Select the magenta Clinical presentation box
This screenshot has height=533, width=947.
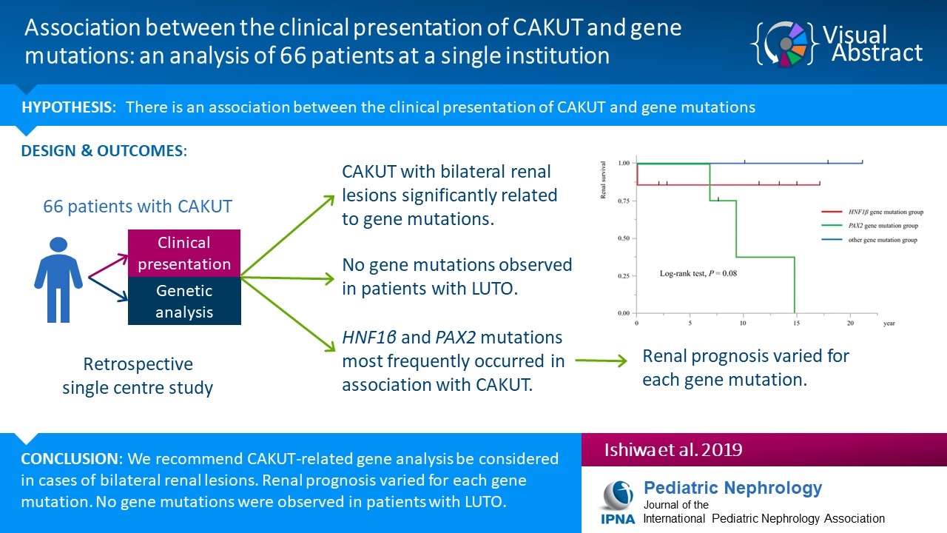pos(184,253)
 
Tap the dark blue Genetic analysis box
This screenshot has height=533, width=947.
pos(184,301)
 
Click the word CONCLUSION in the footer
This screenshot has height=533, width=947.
pos(64,459)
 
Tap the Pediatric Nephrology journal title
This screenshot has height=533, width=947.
pos(732,488)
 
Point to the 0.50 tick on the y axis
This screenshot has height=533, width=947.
pos(624,238)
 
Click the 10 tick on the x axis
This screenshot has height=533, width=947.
pos(744,324)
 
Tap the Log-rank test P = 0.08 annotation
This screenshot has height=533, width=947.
pos(698,273)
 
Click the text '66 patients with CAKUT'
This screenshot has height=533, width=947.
pos(138,207)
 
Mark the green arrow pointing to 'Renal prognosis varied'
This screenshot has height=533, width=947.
pos(601,361)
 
